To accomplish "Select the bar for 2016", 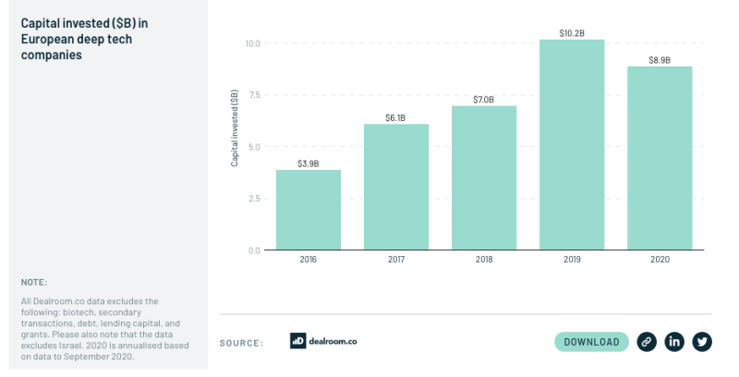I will click(x=309, y=210).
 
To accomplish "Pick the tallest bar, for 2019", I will click(x=572, y=145).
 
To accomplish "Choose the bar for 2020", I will click(x=660, y=158).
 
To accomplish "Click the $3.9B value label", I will click(x=309, y=164).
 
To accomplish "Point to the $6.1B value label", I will click(x=396, y=117).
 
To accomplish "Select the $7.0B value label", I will click(x=484, y=100).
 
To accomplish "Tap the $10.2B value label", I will click(x=572, y=33).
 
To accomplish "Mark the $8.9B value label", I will click(x=660, y=60).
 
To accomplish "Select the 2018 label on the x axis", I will click(x=484, y=260).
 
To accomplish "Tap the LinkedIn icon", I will click(x=675, y=342).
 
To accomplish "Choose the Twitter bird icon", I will click(x=703, y=342).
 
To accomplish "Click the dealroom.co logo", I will click(x=323, y=341).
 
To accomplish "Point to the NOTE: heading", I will click(x=33, y=283).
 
